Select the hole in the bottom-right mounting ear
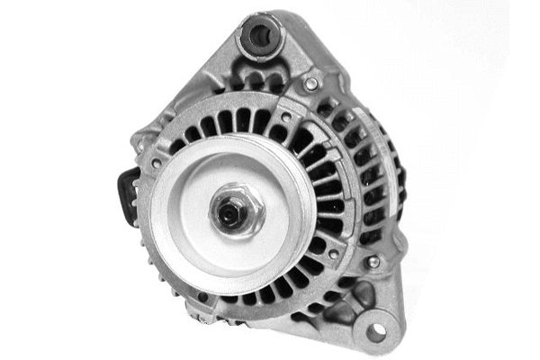375,331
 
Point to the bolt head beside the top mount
311,84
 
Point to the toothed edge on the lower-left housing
162,274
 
